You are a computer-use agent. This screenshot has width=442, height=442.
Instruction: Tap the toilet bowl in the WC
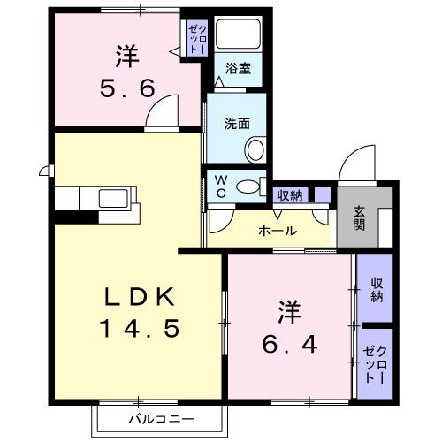251,187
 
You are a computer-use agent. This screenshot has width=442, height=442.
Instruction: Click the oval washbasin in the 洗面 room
255,149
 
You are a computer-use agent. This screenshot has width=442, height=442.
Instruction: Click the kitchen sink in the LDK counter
115,198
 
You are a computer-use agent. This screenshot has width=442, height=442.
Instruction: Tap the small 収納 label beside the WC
290,195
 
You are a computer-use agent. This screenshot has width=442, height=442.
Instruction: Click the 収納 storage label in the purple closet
376,289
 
